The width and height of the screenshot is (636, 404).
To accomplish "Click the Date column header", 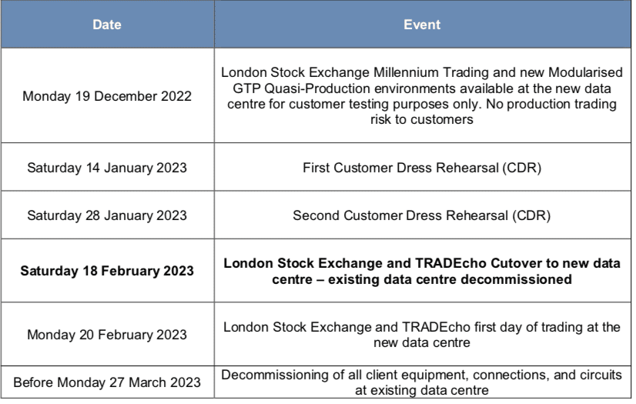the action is [x=107, y=25].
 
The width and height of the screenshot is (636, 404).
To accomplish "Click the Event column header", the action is [x=422, y=25].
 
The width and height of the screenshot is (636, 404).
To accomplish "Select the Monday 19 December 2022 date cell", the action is [x=107, y=96].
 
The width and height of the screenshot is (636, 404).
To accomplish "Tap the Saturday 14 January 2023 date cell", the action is [x=107, y=168].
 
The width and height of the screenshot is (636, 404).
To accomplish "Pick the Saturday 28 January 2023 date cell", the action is [x=107, y=215].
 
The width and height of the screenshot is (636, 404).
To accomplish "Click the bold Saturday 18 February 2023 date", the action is [x=107, y=271].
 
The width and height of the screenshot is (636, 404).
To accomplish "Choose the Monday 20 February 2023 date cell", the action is [x=107, y=335].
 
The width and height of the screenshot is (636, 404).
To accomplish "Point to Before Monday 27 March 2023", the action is [x=107, y=382].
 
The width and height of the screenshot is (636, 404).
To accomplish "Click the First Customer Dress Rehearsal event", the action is [x=422, y=168].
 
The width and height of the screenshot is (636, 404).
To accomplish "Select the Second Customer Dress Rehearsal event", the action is [x=422, y=215].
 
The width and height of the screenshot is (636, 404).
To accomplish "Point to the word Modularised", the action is [x=585, y=72].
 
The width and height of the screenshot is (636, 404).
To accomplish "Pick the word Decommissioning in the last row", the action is [x=275, y=375].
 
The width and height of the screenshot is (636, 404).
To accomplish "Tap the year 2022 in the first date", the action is [x=176, y=96].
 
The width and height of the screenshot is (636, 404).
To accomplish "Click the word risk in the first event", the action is [x=380, y=119].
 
